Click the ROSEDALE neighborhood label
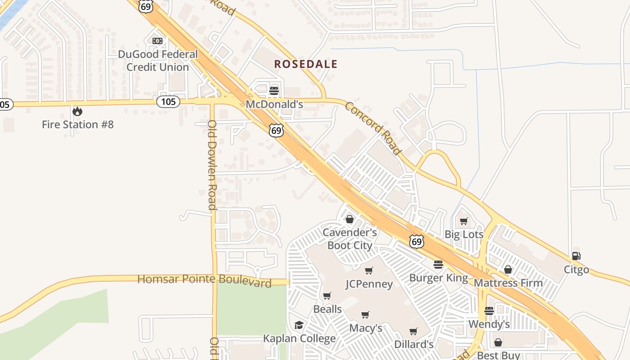pyautogui.click(x=306, y=64)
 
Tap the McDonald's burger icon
pyautogui.click(x=274, y=90)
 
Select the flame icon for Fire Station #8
pyautogui.click(x=77, y=111)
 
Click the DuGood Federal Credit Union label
pyautogui.click(x=157, y=60)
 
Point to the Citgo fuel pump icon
pyautogui.click(x=576, y=256)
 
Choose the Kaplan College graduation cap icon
pyautogui.click(x=299, y=325)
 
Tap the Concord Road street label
pyautogui.click(x=373, y=128)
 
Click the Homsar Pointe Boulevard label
pyautogui.click(x=204, y=279)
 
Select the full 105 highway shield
pyautogui.click(x=168, y=102)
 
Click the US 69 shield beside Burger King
pyautogui.click(x=417, y=241)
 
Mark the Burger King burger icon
pyautogui.click(x=438, y=264)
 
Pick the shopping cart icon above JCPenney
pyautogui.click(x=369, y=270)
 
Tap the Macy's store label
pyautogui.click(x=365, y=328)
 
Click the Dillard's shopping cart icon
pyautogui.click(x=414, y=331)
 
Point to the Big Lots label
pyautogui.click(x=463, y=234)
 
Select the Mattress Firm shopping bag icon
pyautogui.click(x=508, y=270)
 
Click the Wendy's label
pyautogui.click(x=489, y=324)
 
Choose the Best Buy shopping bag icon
pyautogui.click(x=498, y=342)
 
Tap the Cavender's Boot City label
pyautogui.click(x=350, y=239)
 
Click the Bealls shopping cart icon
pyautogui.click(x=327, y=296)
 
